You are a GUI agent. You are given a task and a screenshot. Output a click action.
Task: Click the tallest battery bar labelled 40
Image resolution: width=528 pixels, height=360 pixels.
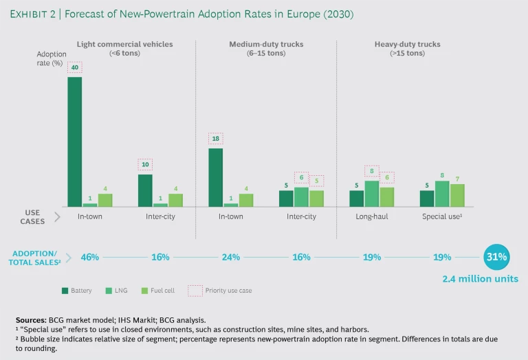pyautogui.click(x=74, y=142)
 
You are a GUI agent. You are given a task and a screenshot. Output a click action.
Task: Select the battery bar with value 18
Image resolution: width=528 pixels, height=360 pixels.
pyautogui.click(x=215, y=177)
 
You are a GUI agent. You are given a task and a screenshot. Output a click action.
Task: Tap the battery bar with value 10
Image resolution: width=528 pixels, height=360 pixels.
pyautogui.click(x=145, y=190)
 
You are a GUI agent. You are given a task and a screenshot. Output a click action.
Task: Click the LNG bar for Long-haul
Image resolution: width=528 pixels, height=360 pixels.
pyautogui.click(x=372, y=193)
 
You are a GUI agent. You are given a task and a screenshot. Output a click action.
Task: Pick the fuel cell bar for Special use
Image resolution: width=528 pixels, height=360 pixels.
pyautogui.click(x=457, y=195)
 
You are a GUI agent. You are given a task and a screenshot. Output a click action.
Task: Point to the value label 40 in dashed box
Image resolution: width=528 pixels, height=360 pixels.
pyautogui.click(x=74, y=67)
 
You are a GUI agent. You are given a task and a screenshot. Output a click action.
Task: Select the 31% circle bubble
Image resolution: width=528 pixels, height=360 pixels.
pyautogui.click(x=497, y=257)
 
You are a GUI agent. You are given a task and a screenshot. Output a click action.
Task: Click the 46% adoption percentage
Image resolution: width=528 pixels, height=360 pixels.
pyautogui.click(x=90, y=257)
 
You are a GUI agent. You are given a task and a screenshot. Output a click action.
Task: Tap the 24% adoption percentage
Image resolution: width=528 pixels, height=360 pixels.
pyautogui.click(x=230, y=257)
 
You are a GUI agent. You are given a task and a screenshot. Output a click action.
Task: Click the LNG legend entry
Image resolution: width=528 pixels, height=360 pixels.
pyautogui.click(x=113, y=291)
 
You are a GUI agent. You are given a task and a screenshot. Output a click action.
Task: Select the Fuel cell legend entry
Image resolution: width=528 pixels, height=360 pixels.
pyautogui.click(x=158, y=291)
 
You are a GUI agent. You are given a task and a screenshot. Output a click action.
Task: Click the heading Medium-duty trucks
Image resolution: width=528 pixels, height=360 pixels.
pyautogui.click(x=266, y=45)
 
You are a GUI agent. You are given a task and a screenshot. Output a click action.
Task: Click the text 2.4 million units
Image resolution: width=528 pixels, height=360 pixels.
pyautogui.click(x=480, y=279)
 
